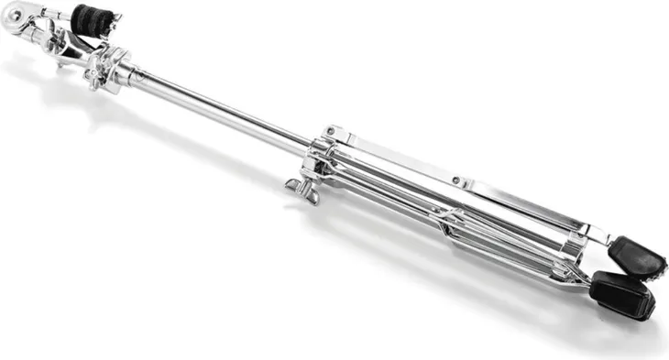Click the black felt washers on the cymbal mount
pos(91,18)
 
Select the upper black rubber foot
pos(638,256)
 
